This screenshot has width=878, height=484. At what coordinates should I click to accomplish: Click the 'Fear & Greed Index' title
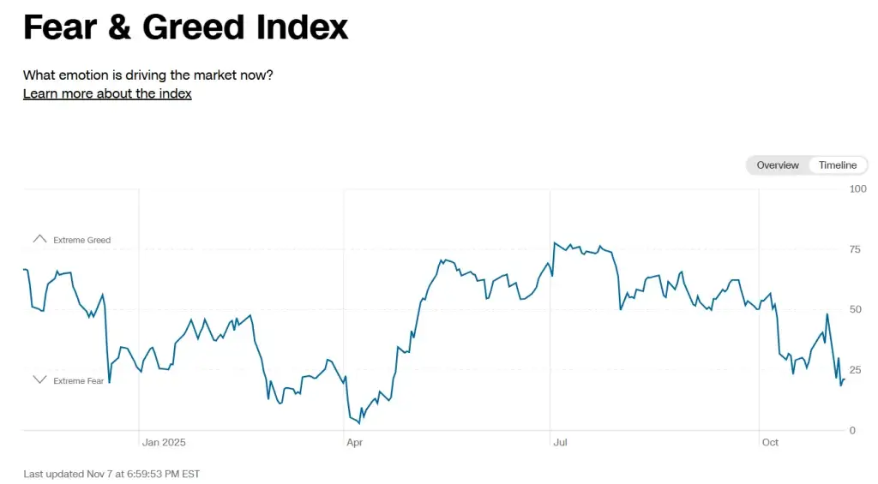coord(185,27)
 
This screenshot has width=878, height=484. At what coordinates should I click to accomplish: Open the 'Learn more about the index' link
coord(107,93)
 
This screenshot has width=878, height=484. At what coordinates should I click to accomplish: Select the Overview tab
coord(778,165)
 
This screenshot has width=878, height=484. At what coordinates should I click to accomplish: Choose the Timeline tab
coord(837,165)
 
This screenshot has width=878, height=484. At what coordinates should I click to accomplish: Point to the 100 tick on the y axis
coord(857,188)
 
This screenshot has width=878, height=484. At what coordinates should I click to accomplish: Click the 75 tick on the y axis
coord(854,249)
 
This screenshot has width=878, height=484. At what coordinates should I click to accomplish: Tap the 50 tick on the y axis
coord(854,309)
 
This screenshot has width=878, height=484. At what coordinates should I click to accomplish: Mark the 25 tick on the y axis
coord(854,370)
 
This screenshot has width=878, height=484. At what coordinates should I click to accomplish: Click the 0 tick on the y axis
coord(851,430)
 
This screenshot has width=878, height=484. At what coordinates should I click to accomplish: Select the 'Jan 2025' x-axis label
coord(164,443)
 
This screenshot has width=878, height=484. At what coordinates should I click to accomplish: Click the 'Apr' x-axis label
coord(354,443)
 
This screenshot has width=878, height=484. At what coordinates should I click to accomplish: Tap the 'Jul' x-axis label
coord(561,443)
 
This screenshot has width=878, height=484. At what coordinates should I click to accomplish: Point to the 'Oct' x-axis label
coord(770,443)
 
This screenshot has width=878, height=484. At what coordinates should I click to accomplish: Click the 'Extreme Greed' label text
coord(81,241)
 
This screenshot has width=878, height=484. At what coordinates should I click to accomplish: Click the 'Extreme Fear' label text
coord(78,381)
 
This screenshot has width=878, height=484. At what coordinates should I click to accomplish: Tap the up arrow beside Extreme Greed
coord(39,239)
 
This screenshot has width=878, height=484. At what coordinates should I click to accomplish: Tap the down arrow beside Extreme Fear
coord(39,379)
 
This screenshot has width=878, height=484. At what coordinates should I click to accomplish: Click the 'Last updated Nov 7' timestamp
coord(111,474)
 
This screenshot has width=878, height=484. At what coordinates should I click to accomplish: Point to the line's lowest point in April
coord(360,422)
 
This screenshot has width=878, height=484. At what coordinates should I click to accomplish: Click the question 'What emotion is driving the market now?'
coord(147,75)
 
